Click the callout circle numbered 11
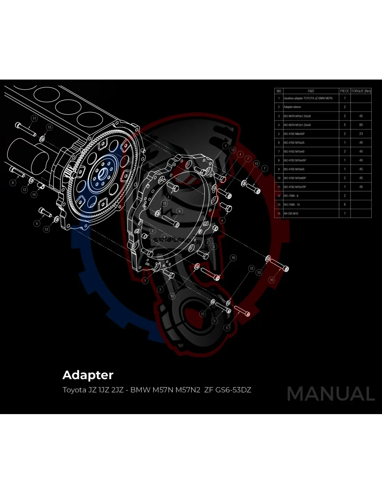click(34, 118)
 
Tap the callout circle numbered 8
click(13, 182)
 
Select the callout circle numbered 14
click(34, 195)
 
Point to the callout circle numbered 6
click(37, 223)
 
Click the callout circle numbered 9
click(180, 211)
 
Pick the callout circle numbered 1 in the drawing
click(145, 280)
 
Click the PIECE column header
click(344, 91)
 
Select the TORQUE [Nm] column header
click(361, 91)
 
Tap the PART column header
click(311, 91)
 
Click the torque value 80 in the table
click(361, 125)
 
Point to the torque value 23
click(361, 134)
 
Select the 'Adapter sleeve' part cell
click(292, 107)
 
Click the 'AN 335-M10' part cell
click(291, 213)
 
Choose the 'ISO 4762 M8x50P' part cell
click(294, 134)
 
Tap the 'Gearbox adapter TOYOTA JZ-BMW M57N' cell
click(308, 98)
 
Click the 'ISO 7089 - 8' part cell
click(291, 196)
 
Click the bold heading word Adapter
click(88, 375)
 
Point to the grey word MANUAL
click(331, 394)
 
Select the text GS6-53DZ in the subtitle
click(233, 390)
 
